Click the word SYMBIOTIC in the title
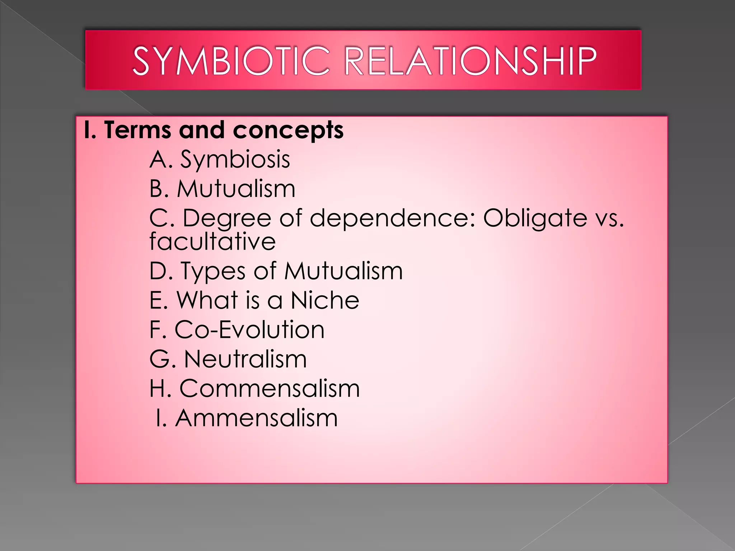(x=231, y=61)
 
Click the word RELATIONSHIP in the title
(x=470, y=61)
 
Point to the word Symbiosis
(x=235, y=159)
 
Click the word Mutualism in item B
(x=236, y=189)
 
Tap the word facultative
(x=212, y=241)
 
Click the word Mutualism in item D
(x=343, y=270)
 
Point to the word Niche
(x=325, y=300)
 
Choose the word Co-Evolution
(x=249, y=329)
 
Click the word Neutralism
(x=245, y=359)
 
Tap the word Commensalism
(x=270, y=388)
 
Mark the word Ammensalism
(x=256, y=418)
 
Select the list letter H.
(x=158, y=388)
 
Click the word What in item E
(x=207, y=300)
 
